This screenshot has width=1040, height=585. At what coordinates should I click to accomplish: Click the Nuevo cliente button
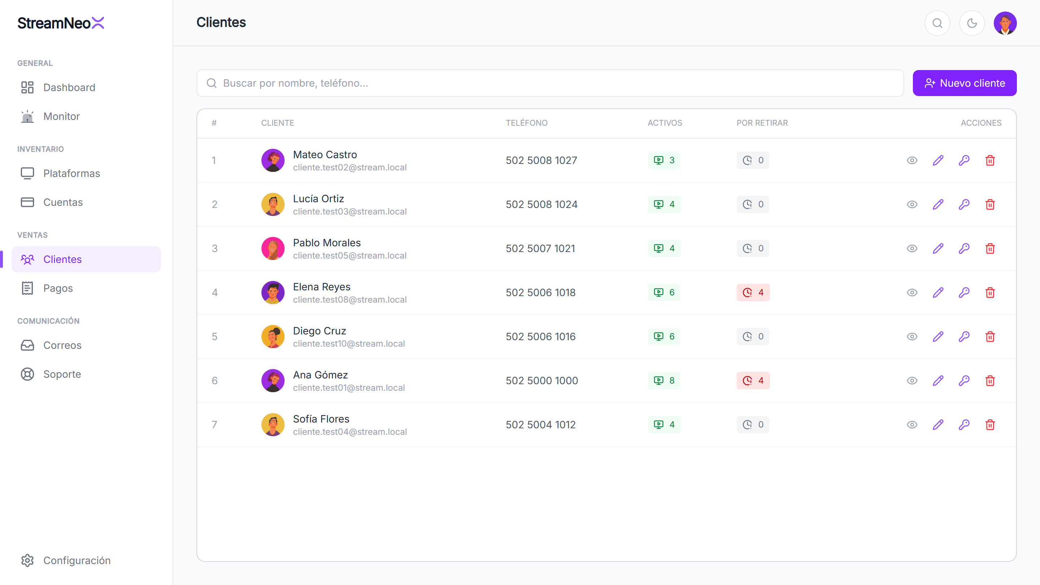coord(965,83)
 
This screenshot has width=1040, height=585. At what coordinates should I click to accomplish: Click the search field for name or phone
coord(550,83)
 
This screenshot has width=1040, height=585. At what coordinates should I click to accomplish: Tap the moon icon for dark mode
coord(972,23)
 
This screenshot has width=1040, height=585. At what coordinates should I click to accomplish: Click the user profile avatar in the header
coord(1005,23)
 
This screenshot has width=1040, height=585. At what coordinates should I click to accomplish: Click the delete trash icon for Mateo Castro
coord(990,160)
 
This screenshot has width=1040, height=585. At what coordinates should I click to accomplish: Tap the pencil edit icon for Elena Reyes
coord(938,292)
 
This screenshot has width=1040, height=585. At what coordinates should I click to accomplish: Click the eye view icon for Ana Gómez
coord(912,381)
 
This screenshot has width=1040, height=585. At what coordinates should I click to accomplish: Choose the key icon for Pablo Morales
coord(964,248)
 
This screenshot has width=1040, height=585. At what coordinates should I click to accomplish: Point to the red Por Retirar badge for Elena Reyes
coord(753,292)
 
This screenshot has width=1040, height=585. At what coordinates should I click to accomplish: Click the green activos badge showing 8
coord(664,381)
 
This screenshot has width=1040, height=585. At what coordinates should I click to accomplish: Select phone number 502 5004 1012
coord(541,425)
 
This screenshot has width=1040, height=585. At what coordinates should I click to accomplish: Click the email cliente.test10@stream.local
coord(349,343)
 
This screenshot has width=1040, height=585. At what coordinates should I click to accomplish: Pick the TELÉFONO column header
coord(526,123)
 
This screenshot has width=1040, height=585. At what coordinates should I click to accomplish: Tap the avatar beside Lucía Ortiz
coord(273,204)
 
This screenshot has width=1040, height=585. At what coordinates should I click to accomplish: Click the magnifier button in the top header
coord(937,23)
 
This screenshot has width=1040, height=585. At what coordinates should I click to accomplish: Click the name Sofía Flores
coord(321,419)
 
